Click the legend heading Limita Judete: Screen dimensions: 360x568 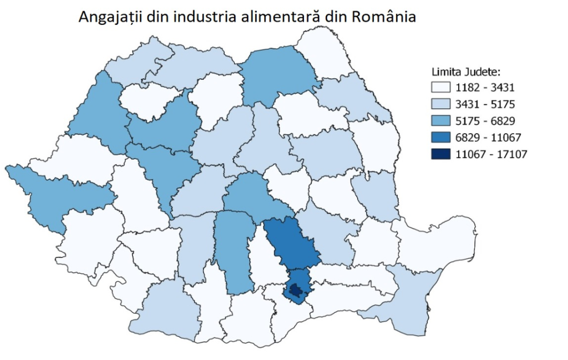(x=466, y=72)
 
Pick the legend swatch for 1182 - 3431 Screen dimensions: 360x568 (x=442, y=87)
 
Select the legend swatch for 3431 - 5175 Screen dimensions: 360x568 (x=442, y=104)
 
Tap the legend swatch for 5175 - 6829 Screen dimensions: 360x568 (x=442, y=120)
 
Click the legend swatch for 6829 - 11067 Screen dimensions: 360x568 (x=442, y=137)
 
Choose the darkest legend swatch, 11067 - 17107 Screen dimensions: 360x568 (x=442, y=154)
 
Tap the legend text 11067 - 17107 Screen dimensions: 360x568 (x=488, y=154)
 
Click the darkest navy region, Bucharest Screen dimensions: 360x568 (x=297, y=290)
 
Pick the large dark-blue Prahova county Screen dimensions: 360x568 (x=291, y=244)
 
